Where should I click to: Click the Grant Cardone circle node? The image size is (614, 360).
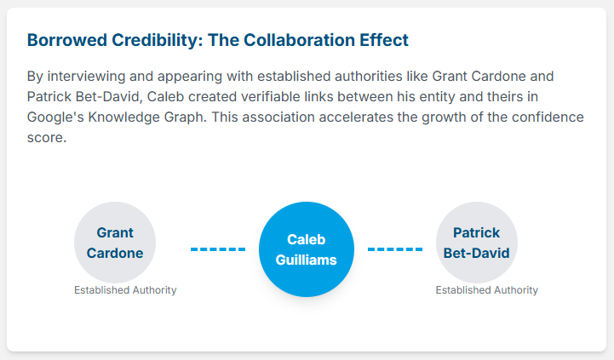115,243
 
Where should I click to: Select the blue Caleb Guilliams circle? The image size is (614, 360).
307,249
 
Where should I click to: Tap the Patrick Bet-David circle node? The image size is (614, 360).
477,243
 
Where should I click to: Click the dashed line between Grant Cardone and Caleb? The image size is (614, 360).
218,249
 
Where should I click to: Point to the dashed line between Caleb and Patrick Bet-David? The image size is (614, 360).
395,249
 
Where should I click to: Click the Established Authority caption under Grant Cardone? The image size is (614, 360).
125,290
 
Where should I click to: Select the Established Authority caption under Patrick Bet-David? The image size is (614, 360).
487,290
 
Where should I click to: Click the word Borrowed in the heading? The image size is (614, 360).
67,40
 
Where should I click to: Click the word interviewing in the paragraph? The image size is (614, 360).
86,77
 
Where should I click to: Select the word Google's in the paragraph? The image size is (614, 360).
55,117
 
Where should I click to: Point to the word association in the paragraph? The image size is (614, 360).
277,117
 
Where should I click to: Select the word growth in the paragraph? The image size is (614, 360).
444,117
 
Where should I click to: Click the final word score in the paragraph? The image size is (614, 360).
47,138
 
